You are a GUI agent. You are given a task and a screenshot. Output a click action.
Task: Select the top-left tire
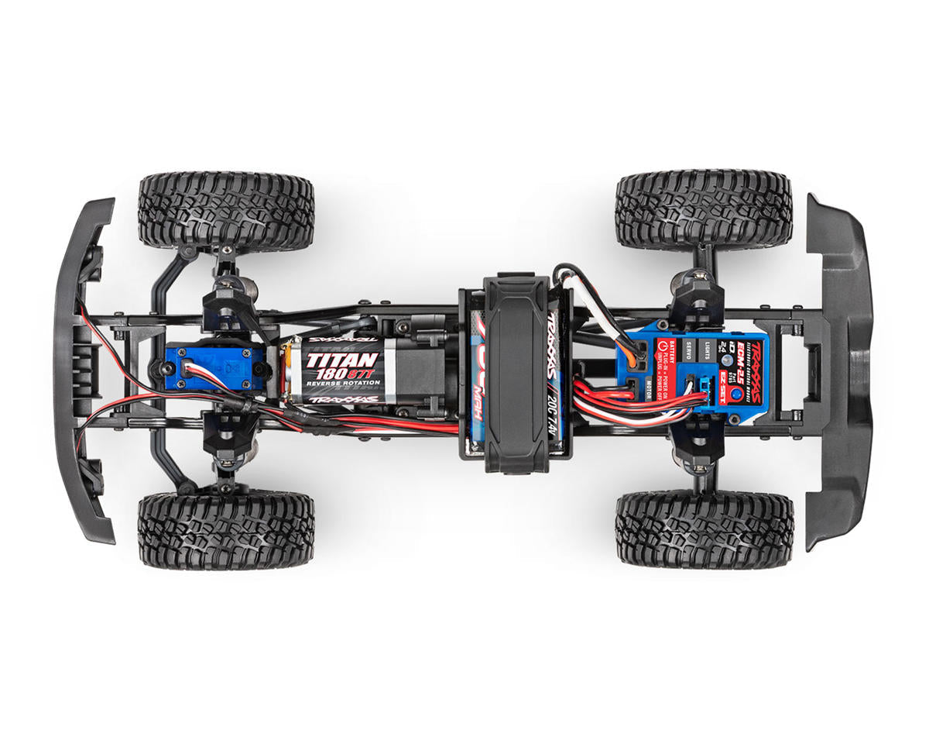tap(226, 210)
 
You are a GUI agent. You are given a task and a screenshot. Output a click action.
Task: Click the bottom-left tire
tap(226, 529)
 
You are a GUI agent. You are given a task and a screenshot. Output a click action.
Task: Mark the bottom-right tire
tap(704, 528)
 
